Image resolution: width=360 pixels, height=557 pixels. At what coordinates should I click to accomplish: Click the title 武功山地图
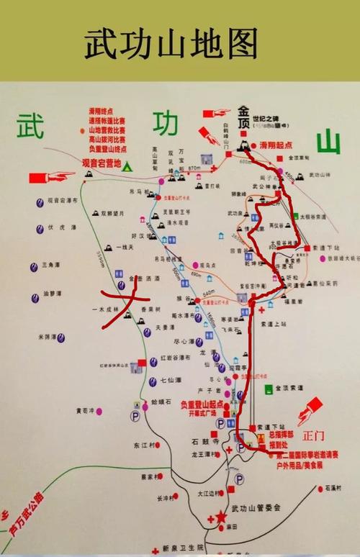(171, 44)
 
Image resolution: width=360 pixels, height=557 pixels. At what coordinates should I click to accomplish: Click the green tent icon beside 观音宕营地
(127, 166)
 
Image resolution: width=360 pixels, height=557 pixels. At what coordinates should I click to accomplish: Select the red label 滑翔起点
(276, 145)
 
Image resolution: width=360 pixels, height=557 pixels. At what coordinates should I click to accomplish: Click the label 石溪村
(336, 488)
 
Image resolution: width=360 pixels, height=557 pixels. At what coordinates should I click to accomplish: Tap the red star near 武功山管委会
(212, 518)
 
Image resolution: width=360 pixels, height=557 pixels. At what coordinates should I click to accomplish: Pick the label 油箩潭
(53, 294)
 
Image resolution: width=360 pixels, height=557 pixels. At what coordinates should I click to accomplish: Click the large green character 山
(328, 140)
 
